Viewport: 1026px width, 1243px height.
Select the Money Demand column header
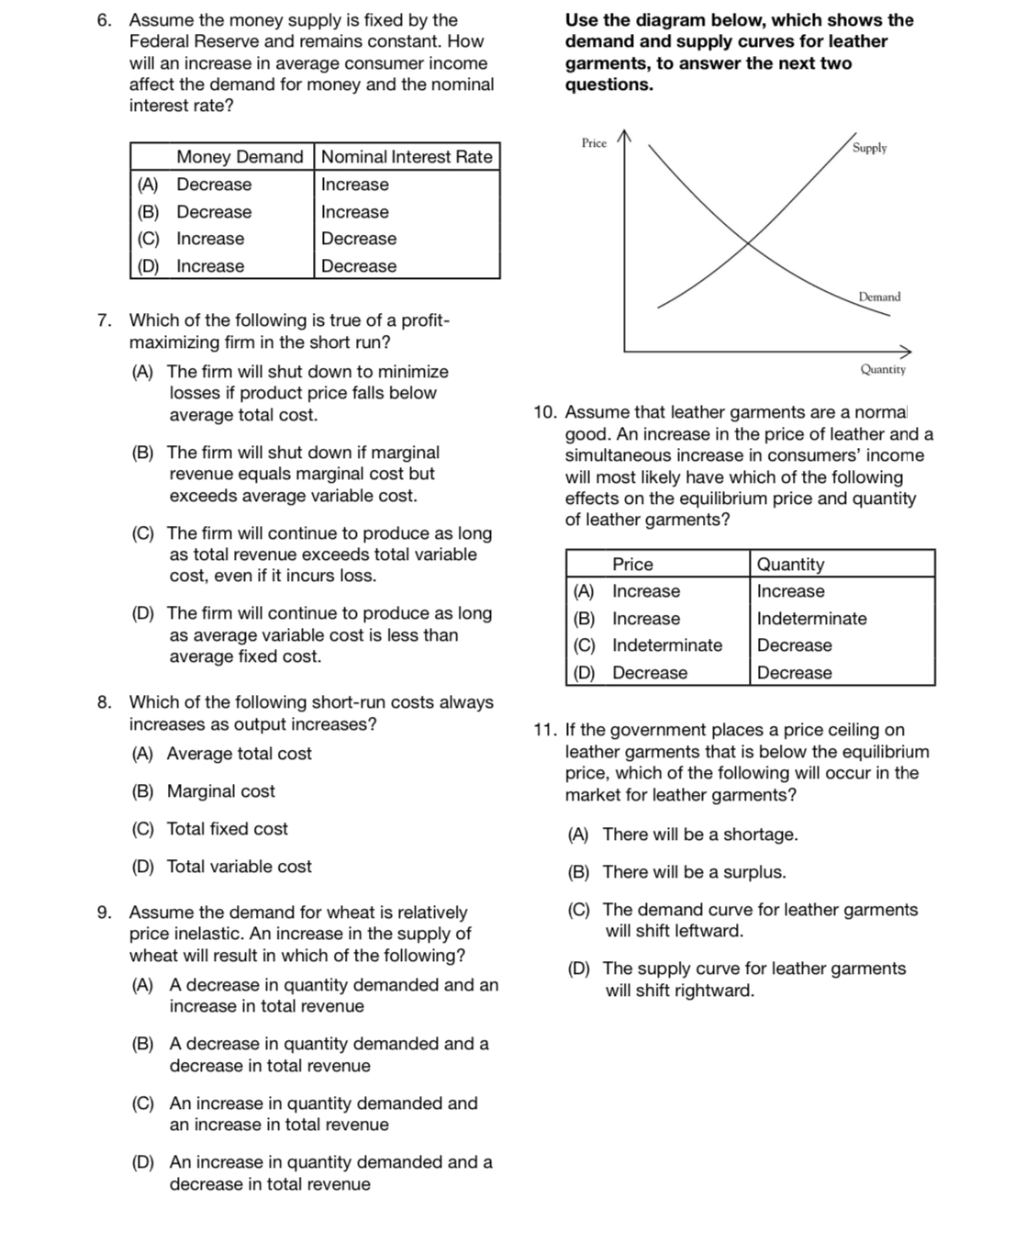tap(239, 157)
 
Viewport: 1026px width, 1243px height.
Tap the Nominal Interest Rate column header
tap(407, 157)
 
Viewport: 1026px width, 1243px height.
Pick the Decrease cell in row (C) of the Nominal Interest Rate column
tap(359, 239)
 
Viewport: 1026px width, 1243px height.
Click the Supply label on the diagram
tap(869, 148)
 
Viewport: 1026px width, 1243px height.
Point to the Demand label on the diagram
tap(879, 297)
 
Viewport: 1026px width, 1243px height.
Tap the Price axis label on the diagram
tap(594, 143)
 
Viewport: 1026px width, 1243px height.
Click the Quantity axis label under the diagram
tap(882, 369)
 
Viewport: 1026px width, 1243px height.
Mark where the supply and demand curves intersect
tap(749, 243)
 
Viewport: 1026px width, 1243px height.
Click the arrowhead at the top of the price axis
tap(624, 136)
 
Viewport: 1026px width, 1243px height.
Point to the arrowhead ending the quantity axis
tap(907, 351)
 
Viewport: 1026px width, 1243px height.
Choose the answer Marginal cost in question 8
tap(220, 791)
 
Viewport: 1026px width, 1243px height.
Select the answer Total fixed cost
tap(227, 829)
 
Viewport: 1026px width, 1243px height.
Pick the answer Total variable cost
tap(239, 867)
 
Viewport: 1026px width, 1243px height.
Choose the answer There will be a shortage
tap(699, 834)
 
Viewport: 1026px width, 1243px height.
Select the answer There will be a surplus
tap(694, 872)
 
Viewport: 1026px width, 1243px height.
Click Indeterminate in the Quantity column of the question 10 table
tap(811, 619)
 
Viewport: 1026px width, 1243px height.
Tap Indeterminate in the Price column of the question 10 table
tap(667, 645)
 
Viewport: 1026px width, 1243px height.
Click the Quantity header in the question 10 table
tap(790, 565)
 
